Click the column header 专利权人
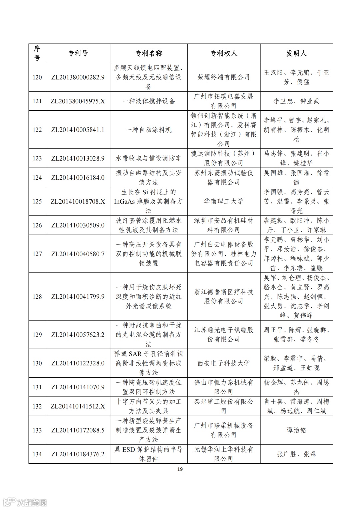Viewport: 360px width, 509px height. click(x=223, y=53)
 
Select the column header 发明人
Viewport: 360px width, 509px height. click(x=296, y=53)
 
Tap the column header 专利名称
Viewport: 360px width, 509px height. click(x=148, y=53)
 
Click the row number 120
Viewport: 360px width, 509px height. click(x=37, y=77)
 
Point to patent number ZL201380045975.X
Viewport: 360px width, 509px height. click(x=78, y=101)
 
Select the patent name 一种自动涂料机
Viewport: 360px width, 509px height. click(x=148, y=130)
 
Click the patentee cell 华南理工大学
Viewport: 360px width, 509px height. click(x=223, y=201)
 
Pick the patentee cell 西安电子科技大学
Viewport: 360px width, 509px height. click(x=223, y=363)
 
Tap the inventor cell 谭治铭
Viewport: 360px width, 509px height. click(x=296, y=430)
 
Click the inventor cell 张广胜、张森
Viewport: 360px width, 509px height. click(x=296, y=454)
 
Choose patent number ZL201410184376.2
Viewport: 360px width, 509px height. click(x=78, y=454)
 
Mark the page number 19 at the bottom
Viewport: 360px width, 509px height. click(x=180, y=469)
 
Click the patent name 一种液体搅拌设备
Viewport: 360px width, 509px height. click(x=148, y=101)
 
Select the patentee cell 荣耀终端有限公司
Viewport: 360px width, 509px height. click(x=223, y=77)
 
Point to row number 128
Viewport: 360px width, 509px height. click(x=37, y=297)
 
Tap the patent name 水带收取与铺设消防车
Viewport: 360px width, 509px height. click(x=148, y=158)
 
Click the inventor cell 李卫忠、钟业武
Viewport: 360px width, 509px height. click(x=296, y=101)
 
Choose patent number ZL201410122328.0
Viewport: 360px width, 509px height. click(x=78, y=363)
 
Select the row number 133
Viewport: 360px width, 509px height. click(x=37, y=430)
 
